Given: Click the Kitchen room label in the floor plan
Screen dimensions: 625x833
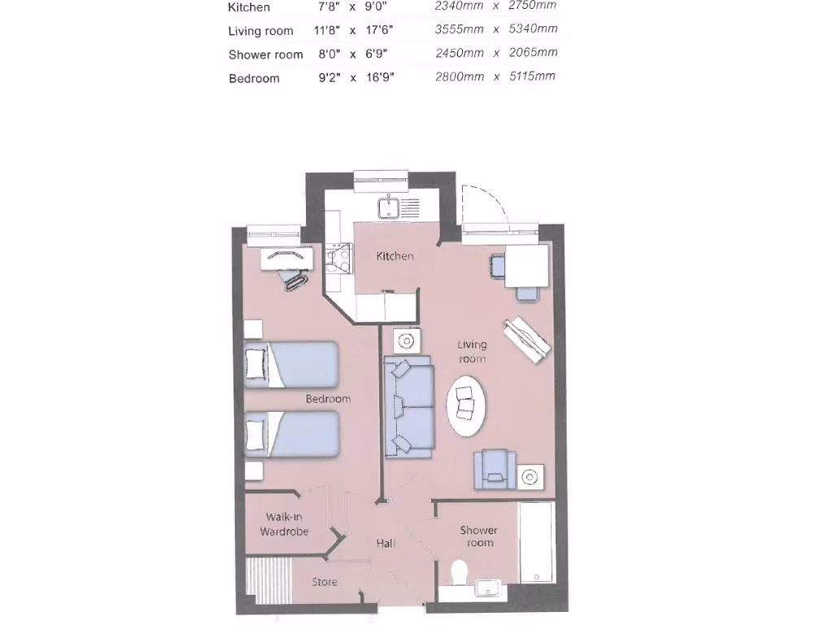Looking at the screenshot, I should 395,256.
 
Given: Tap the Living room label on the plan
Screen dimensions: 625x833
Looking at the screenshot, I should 472,352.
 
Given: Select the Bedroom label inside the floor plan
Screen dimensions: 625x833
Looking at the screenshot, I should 328,399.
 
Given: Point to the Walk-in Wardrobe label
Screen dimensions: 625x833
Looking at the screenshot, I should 284,524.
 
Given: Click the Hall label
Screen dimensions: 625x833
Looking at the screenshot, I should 386,543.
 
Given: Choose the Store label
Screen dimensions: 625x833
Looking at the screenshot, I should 325,582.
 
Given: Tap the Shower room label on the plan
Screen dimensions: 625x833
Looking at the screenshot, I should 479,536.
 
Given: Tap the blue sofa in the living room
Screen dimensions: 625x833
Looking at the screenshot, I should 409,407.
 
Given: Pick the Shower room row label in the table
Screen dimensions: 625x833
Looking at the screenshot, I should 265,55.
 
